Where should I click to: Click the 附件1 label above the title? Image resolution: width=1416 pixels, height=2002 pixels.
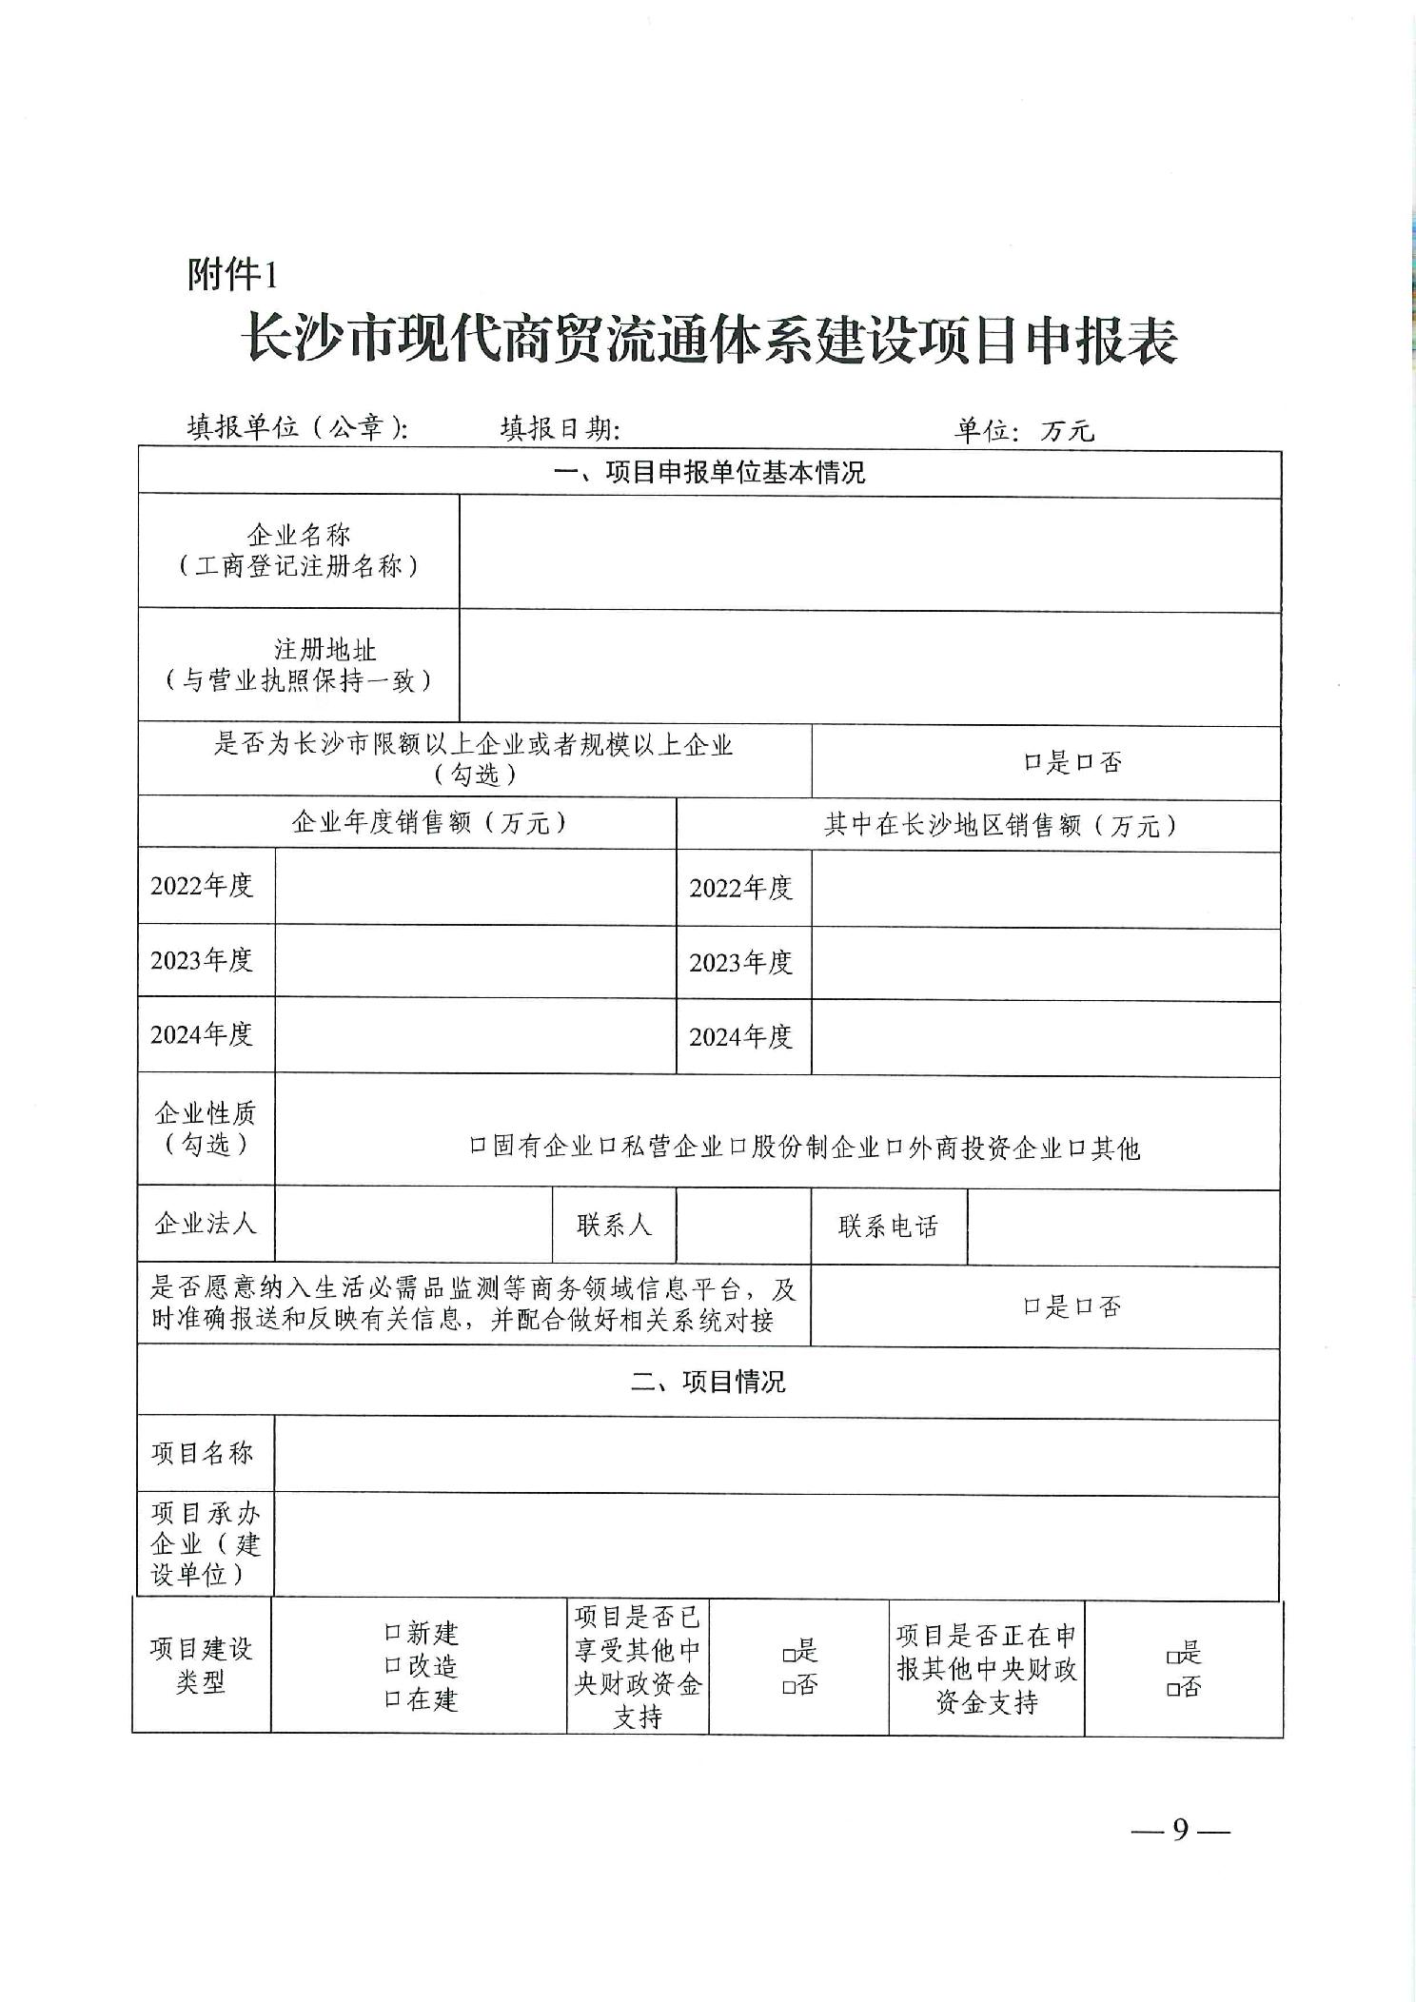click(232, 276)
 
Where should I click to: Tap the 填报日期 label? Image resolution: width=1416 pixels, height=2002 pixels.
click(560, 429)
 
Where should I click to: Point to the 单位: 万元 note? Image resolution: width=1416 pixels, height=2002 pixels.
click(1024, 431)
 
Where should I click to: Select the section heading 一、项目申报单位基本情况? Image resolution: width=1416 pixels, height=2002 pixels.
click(709, 473)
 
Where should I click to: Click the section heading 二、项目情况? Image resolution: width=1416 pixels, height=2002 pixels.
click(709, 1382)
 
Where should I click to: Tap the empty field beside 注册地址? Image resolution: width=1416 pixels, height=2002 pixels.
click(869, 666)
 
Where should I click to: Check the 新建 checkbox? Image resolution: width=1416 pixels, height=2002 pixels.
click(391, 1633)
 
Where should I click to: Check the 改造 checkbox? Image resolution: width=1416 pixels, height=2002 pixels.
click(391, 1665)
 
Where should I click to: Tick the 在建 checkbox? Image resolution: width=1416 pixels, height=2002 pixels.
click(391, 1698)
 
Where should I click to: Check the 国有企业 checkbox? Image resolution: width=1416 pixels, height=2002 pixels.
click(478, 1148)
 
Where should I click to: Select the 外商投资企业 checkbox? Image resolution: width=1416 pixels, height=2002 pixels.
click(894, 1148)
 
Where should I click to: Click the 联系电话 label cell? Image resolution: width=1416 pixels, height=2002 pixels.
click(888, 1227)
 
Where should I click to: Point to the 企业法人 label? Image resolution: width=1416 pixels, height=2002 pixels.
click(206, 1224)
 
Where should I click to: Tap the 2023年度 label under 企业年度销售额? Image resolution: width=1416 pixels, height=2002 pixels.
click(203, 960)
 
